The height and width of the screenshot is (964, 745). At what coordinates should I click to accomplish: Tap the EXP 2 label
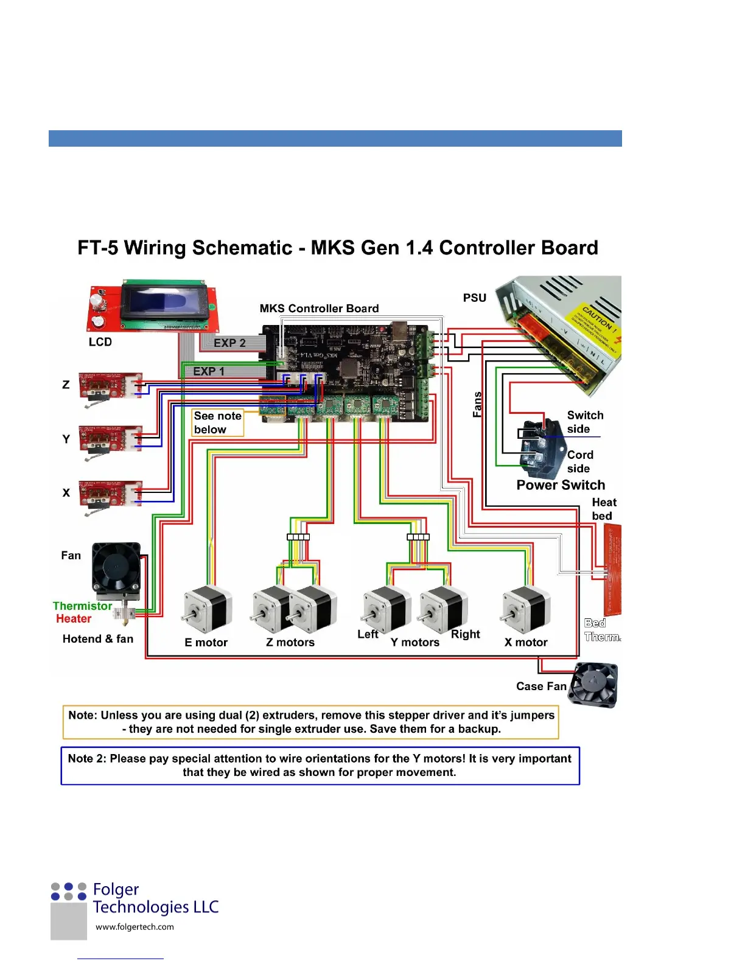[x=229, y=343]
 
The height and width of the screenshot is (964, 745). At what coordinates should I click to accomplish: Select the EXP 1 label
[x=209, y=371]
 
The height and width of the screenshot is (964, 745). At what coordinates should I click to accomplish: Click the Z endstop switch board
[x=110, y=387]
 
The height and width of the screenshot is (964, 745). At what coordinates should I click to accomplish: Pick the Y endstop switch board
[x=110, y=439]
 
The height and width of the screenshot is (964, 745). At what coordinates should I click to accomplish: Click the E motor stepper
[x=206, y=609]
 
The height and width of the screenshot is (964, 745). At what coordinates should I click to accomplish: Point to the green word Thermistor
[x=82, y=606]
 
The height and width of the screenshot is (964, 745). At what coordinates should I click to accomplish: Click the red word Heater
[x=74, y=619]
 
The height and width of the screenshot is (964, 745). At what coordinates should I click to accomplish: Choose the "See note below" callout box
[x=217, y=422]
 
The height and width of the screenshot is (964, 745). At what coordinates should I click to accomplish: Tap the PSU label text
[x=475, y=298]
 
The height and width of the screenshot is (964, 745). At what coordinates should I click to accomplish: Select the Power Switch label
[x=561, y=485]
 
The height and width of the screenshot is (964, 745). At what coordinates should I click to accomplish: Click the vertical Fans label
[x=477, y=404]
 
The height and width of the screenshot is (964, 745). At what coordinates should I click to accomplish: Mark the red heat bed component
[x=612, y=569]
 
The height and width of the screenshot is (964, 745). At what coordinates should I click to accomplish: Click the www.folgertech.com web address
[x=135, y=927]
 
